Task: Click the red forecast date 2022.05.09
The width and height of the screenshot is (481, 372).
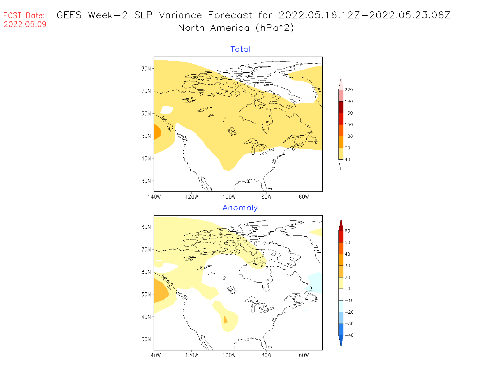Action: [25, 24]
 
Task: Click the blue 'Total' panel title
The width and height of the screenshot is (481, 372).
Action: [240, 49]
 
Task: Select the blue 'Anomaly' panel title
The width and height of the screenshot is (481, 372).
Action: [240, 208]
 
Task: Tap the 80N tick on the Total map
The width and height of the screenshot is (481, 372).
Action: [146, 69]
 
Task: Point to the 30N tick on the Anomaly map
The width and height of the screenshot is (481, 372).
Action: [146, 339]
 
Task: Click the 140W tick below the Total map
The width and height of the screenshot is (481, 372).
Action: [154, 197]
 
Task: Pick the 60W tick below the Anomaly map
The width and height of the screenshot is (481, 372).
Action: [304, 355]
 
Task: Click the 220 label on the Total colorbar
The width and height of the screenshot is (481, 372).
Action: [349, 90]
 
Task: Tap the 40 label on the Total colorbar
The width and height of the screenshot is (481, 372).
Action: [347, 160]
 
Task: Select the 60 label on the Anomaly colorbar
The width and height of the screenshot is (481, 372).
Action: [347, 231]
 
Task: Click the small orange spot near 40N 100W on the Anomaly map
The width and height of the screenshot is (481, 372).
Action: [225, 320]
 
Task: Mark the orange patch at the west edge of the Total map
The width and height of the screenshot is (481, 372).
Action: [157, 132]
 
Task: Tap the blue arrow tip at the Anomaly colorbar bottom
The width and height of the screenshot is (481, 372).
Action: [341, 341]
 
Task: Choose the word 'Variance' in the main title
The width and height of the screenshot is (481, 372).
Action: [180, 15]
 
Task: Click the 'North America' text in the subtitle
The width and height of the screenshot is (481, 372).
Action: [214, 28]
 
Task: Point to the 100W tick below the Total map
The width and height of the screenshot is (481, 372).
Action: [229, 197]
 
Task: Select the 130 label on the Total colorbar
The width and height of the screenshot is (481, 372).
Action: [349, 125]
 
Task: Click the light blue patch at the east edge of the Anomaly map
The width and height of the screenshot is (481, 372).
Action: [316, 282]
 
